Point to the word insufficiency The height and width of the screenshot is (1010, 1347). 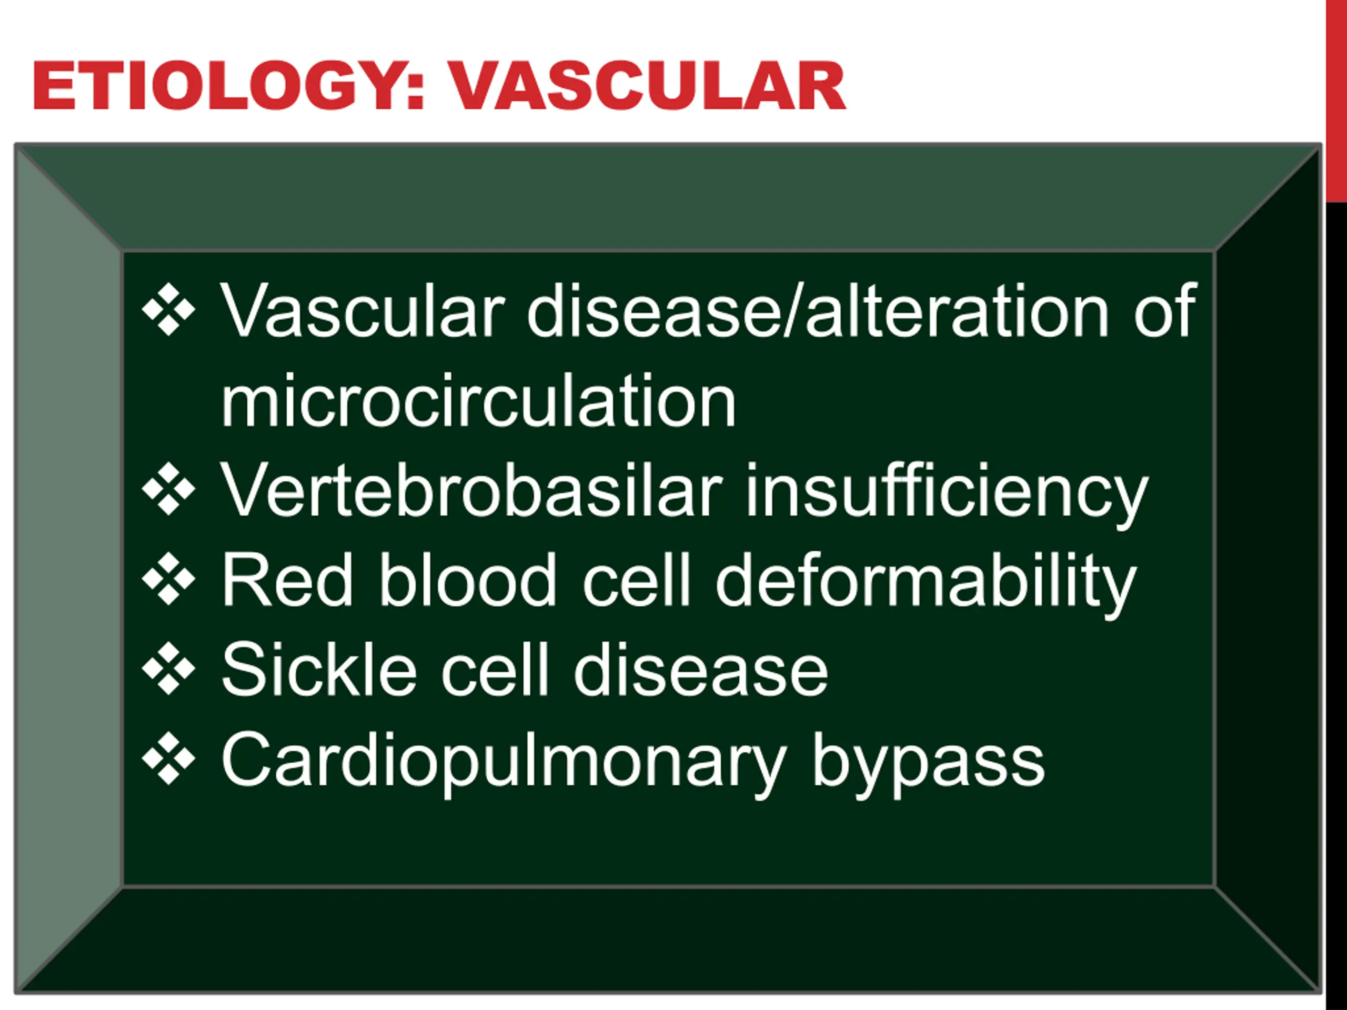click(x=947, y=494)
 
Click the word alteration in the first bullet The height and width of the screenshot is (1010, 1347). click(x=957, y=311)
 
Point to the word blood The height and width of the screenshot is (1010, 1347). click(x=468, y=579)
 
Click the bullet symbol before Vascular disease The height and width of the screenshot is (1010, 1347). click(x=169, y=309)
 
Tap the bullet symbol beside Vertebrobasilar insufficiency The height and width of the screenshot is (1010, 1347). click(x=169, y=489)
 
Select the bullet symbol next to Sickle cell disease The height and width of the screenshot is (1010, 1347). click(x=169, y=669)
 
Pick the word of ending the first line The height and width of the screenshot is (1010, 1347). click(x=1165, y=310)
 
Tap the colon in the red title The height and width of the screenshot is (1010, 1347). click(x=415, y=93)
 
